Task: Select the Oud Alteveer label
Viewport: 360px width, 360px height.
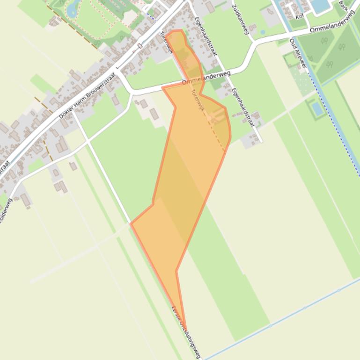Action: click(298, 53)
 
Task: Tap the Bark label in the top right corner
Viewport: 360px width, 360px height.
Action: click(344, 5)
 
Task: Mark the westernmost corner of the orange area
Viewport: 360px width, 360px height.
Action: click(131, 224)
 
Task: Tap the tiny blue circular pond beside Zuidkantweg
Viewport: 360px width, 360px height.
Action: click(263, 32)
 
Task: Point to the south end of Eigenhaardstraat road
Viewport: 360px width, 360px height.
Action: click(261, 141)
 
